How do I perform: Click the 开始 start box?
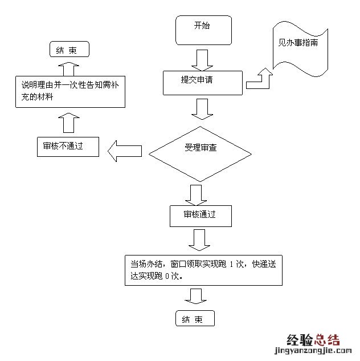tap(203, 30)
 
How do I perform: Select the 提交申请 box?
tap(203, 83)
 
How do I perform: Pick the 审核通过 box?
tap(200, 215)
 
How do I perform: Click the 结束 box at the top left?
tap(70, 50)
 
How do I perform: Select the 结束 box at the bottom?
tap(196, 319)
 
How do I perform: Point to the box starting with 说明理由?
tap(69, 91)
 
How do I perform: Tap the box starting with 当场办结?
tap(204, 270)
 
